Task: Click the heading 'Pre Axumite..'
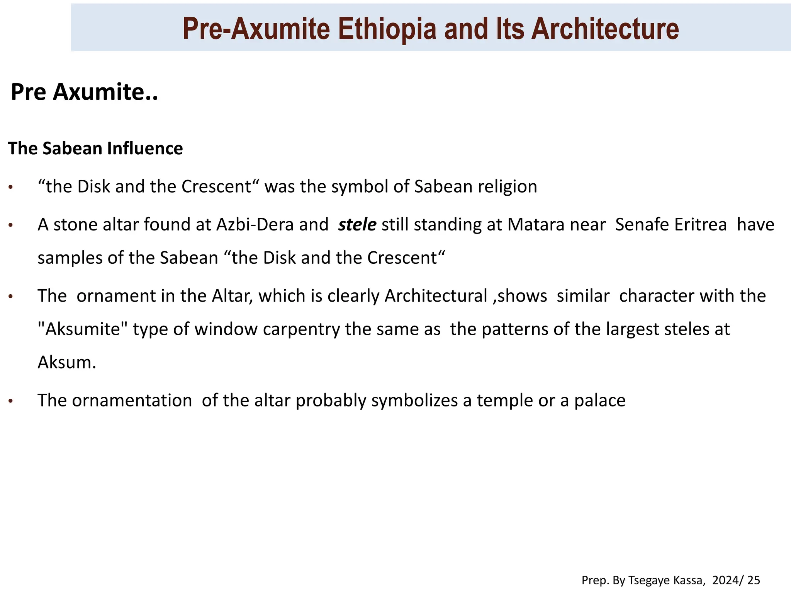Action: point(84,92)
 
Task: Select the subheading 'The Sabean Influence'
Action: point(95,148)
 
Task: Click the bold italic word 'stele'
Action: point(357,225)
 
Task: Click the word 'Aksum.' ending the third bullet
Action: point(66,362)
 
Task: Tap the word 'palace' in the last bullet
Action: point(599,401)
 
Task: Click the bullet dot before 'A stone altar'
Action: point(11,225)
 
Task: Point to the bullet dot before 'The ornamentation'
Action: point(11,401)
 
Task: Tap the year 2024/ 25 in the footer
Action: point(736,580)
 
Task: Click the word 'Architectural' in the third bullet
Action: point(436,296)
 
